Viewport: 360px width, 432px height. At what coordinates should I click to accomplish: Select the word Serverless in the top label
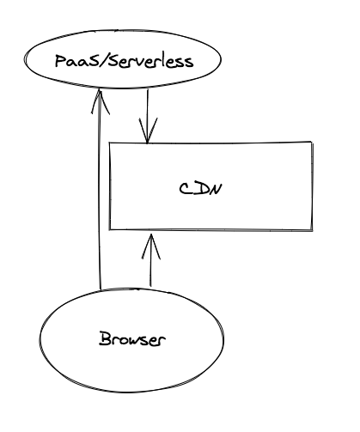point(151,61)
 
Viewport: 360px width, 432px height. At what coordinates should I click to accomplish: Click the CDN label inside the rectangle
point(200,189)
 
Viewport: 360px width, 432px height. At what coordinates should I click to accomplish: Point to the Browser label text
point(132,339)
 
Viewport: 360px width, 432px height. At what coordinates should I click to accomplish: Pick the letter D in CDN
point(200,189)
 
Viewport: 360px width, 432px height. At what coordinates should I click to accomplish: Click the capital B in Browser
point(105,338)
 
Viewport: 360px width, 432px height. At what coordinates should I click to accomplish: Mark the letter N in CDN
point(216,189)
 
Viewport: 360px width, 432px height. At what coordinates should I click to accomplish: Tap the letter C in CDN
point(186,189)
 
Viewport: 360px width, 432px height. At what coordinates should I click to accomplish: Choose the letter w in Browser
point(131,340)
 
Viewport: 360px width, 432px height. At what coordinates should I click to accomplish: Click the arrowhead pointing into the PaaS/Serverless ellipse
point(100,101)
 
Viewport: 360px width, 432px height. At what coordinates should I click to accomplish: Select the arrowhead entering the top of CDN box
point(148,131)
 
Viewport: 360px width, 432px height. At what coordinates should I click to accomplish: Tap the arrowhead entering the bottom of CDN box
point(151,246)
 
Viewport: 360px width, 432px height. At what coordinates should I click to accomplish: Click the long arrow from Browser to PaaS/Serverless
point(100,190)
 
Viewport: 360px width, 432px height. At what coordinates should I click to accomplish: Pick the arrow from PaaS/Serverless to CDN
point(148,117)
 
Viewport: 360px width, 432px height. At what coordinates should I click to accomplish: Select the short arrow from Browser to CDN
point(151,260)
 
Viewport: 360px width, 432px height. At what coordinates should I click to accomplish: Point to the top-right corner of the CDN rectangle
point(312,142)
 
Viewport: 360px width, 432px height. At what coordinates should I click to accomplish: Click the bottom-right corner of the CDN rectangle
point(312,230)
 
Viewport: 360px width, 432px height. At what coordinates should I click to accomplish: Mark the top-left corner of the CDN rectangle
point(110,143)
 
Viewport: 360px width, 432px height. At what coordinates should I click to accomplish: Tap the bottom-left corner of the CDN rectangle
point(110,229)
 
